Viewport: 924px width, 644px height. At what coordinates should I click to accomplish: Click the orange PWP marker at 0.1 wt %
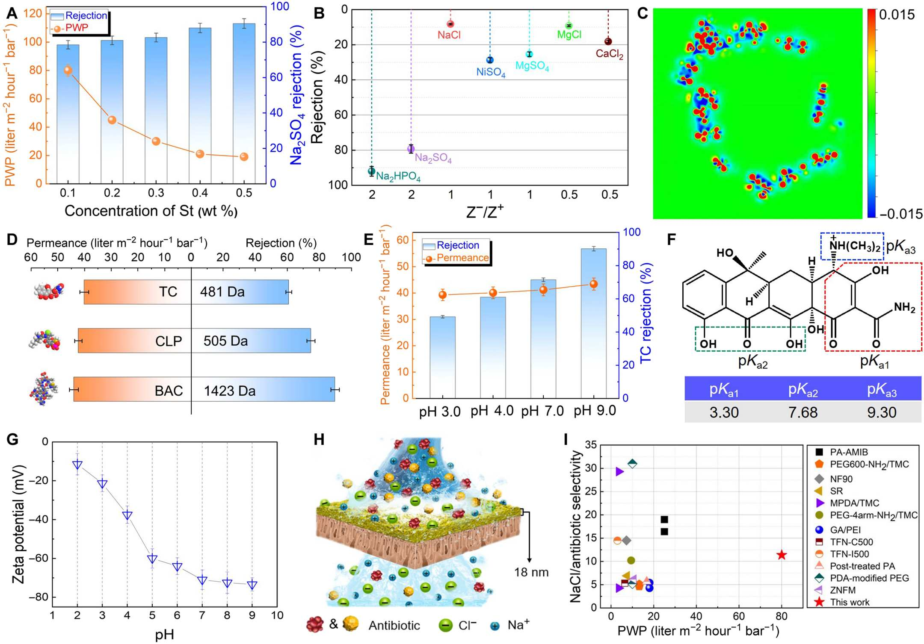click(x=68, y=71)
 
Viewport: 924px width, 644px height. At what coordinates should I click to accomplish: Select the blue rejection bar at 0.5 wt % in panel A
click(x=244, y=103)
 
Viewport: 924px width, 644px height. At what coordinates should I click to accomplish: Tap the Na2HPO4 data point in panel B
click(x=372, y=171)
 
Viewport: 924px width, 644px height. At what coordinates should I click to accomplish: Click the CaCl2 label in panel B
click(x=609, y=54)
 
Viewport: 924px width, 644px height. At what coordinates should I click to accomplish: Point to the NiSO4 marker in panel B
click(x=490, y=60)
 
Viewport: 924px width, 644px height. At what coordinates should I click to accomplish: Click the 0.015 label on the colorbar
click(x=897, y=15)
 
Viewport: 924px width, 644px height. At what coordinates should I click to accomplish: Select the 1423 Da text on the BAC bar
click(x=230, y=391)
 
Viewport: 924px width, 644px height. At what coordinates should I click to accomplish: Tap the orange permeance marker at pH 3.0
click(x=443, y=294)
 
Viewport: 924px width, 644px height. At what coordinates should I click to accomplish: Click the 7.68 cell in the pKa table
click(x=803, y=412)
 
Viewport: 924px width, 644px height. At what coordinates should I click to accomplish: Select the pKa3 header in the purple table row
click(x=881, y=389)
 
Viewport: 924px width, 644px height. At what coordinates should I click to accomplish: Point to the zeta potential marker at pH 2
click(x=77, y=465)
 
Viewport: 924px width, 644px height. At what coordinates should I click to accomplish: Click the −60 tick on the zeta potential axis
click(x=38, y=559)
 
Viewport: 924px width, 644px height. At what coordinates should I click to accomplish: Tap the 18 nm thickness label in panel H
click(x=531, y=572)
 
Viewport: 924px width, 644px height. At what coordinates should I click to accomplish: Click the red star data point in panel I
click(x=782, y=555)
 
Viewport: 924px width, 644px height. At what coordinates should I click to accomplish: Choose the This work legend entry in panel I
click(x=849, y=602)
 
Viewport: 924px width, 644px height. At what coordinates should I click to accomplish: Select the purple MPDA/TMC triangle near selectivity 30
click(x=619, y=472)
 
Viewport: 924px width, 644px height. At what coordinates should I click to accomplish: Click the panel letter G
click(x=12, y=440)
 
